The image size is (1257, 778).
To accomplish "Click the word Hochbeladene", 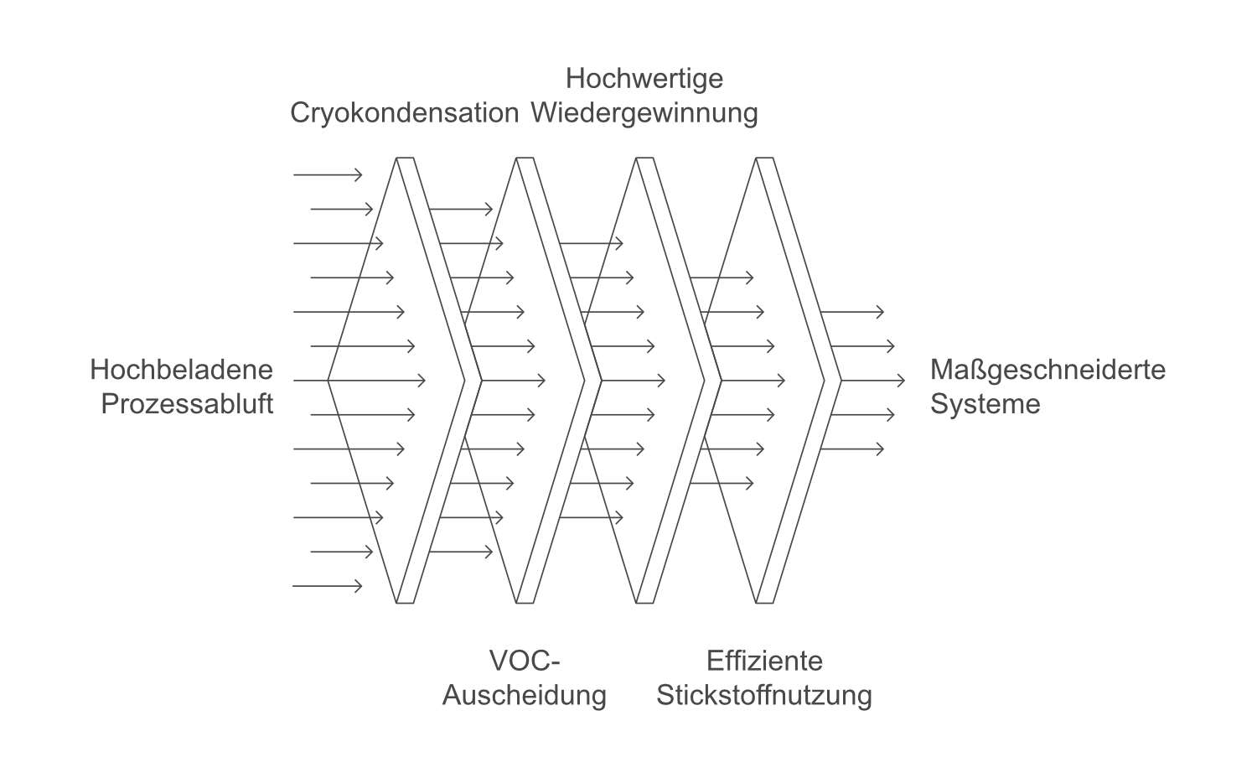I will click(x=181, y=370).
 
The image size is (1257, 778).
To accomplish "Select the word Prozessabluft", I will click(x=187, y=404).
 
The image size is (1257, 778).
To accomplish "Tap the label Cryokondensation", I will click(x=404, y=112).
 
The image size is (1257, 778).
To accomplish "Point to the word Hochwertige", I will click(x=644, y=78).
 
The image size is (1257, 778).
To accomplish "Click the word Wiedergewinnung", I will click(x=644, y=112).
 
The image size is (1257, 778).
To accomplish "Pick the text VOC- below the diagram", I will click(x=524, y=661).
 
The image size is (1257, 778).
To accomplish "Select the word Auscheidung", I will click(x=524, y=695).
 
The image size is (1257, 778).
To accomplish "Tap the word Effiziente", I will click(x=763, y=661).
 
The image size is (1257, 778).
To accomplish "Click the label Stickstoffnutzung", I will click(x=763, y=695).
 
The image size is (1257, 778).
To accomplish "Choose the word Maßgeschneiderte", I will click(x=1047, y=370).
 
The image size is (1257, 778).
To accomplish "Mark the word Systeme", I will click(x=985, y=404).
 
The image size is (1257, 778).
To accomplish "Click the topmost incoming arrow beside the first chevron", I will click(x=328, y=174).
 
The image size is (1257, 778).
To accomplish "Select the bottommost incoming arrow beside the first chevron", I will click(x=328, y=586).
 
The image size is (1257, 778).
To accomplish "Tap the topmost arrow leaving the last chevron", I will click(x=851, y=312).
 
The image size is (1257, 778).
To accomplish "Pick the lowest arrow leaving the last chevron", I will click(x=851, y=449).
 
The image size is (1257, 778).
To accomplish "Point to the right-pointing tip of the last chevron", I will click(x=841, y=381).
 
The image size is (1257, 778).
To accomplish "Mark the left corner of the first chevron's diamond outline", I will click(x=328, y=381).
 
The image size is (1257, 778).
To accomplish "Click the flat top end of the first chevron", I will click(x=406, y=158).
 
